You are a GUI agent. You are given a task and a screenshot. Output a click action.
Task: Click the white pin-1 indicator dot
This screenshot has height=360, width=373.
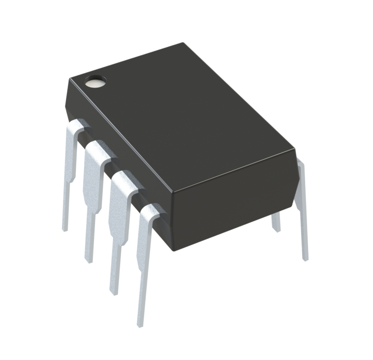95,82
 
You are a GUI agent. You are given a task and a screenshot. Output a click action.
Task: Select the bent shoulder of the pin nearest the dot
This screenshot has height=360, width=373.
76,128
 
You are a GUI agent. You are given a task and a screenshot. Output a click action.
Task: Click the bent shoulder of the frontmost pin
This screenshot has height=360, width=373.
150,211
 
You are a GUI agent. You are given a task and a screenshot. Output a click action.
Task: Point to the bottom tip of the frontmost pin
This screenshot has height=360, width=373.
140,323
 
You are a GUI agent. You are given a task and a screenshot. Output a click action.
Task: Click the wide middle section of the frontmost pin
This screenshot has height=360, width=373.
146,241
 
